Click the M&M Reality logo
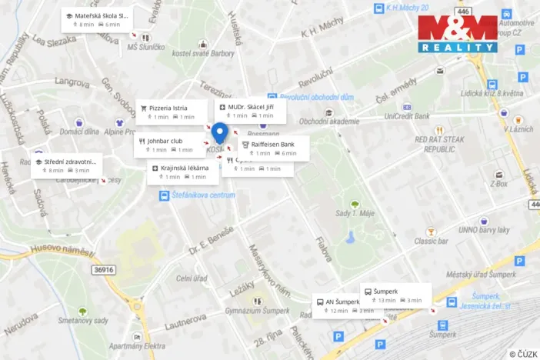pos(458,34)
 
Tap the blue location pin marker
pos(220,133)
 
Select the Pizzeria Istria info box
pos(172,112)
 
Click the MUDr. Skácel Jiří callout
pos(251,111)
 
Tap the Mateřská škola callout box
pos(97,19)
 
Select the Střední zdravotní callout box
pos(67,165)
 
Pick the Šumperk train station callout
pos(395,295)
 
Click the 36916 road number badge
pos(104,269)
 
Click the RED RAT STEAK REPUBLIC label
pos(439,144)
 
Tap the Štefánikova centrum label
pos(203,195)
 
